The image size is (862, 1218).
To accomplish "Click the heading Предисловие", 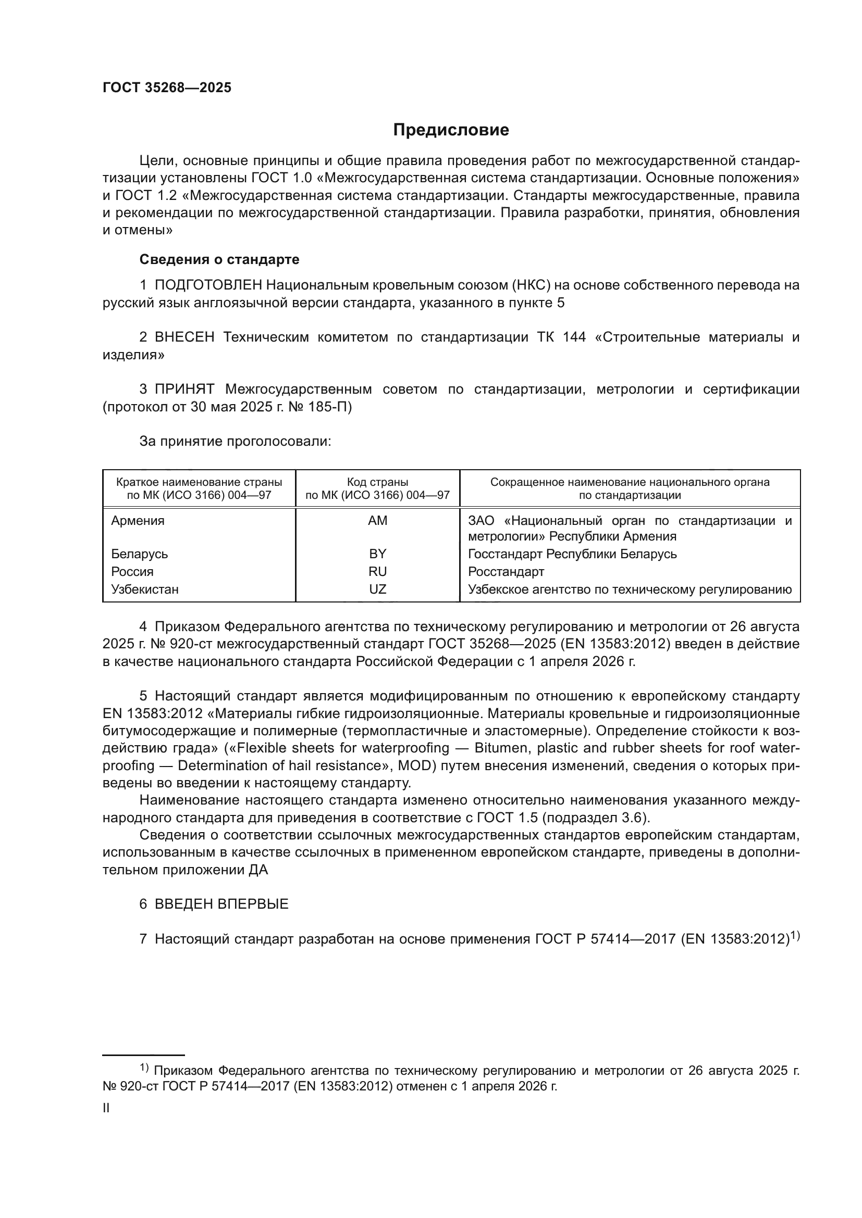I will pos(451,130).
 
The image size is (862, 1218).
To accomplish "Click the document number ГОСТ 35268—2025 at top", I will pos(167,88).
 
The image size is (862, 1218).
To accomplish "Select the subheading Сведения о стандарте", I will pos(219,259).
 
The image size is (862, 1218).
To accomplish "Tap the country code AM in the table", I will pos(377,520).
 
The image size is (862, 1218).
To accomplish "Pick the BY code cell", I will pos(377,554).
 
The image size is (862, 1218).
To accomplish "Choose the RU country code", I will pos(377,571).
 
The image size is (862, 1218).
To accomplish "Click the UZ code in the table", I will pos(377,589).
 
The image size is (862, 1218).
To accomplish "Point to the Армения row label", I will pos(138,520).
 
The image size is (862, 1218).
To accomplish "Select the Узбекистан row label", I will pos(144,589).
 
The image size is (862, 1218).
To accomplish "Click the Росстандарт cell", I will pos(506,571).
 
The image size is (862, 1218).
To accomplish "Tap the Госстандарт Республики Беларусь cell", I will pos(572,554).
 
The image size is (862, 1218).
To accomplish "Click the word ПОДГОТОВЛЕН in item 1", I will pos(208,285).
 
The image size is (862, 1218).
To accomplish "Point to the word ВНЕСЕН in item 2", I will pos(184,337).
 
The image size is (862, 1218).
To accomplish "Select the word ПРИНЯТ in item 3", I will pos(184,390).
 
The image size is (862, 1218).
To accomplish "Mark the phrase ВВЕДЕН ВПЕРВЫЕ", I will pos(221,904).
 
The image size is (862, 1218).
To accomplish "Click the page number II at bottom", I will pos(106,1108).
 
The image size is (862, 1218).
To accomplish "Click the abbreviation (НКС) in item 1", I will pos(531,285).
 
